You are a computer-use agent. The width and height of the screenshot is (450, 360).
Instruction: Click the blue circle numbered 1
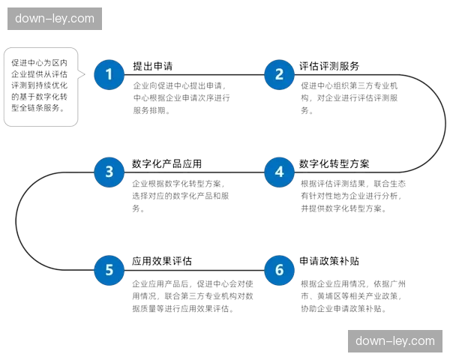[109, 74]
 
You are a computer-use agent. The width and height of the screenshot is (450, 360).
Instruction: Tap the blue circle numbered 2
[279, 74]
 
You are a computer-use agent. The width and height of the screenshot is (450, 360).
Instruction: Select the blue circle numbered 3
[109, 172]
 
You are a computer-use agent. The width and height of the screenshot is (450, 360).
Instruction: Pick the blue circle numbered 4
[279, 172]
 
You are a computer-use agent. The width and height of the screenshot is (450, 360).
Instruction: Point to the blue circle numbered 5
[109, 270]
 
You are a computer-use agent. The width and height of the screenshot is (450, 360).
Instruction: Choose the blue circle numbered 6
[279, 270]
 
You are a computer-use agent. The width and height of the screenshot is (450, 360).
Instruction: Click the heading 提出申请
[153, 66]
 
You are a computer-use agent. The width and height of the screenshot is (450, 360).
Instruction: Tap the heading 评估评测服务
[329, 66]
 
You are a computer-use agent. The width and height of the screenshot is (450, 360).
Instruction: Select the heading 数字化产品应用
[166, 163]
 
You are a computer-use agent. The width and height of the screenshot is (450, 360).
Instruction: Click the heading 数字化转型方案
[334, 163]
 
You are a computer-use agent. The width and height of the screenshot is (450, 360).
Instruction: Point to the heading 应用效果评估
[162, 261]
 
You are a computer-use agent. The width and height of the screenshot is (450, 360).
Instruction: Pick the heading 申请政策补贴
[329, 261]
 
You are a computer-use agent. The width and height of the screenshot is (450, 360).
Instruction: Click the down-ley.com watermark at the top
[55, 19]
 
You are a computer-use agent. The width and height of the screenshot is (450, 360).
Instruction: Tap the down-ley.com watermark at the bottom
[395, 341]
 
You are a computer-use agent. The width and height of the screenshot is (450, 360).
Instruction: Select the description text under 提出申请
[181, 98]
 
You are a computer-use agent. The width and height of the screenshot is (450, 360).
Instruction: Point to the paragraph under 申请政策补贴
[353, 296]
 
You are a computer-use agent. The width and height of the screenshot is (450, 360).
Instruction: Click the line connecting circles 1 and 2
[194, 75]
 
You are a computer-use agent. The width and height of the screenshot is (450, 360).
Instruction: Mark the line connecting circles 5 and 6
[194, 270]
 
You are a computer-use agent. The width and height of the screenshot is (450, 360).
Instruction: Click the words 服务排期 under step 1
[149, 110]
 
